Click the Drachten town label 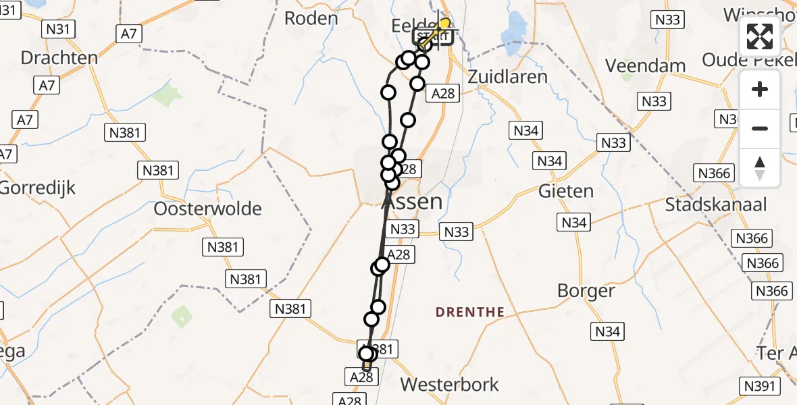pyautogui.click(x=59, y=58)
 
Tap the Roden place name pyautogui.click(x=311, y=18)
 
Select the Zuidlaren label pyautogui.click(x=507, y=76)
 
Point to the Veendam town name pyautogui.click(x=645, y=66)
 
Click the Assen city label pyautogui.click(x=413, y=201)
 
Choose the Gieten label pyautogui.click(x=565, y=191)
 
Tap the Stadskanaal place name pyautogui.click(x=716, y=205)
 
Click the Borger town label pyautogui.click(x=586, y=291)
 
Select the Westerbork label pyautogui.click(x=449, y=385)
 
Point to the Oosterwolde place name pyautogui.click(x=207, y=209)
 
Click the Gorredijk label pyautogui.click(x=37, y=187)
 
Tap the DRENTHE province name pyautogui.click(x=470, y=312)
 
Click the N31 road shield pyautogui.click(x=58, y=29)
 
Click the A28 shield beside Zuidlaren pyautogui.click(x=443, y=94)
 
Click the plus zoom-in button pyautogui.click(x=760, y=89)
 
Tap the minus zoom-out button pyautogui.click(x=760, y=128)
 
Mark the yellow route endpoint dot pyautogui.click(x=444, y=23)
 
